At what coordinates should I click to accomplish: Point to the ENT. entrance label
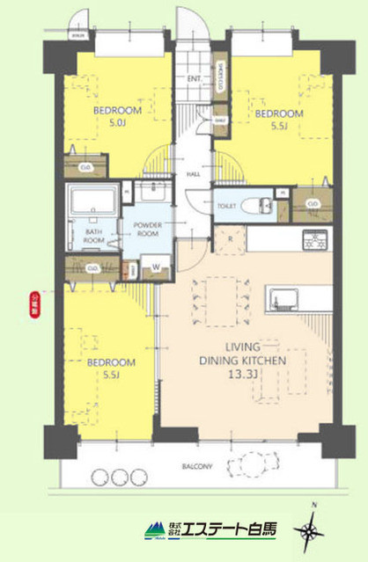click(x=195, y=79)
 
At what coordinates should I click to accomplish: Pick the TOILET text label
click(x=228, y=205)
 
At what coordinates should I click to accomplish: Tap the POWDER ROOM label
click(x=150, y=230)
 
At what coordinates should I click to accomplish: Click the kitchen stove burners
click(x=315, y=237)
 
